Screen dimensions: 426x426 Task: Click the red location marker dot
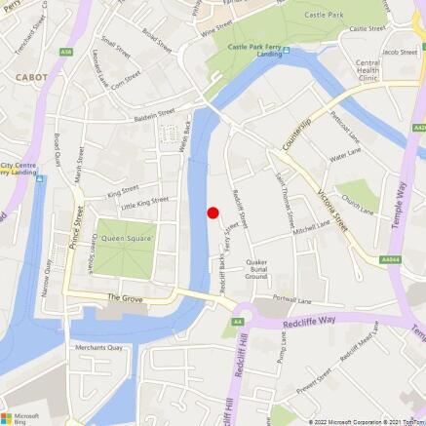[x=213, y=213]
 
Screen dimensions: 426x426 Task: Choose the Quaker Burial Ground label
[x=256, y=267]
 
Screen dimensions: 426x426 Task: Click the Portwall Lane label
[x=291, y=300]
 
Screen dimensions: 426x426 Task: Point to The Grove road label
[x=125, y=296]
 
